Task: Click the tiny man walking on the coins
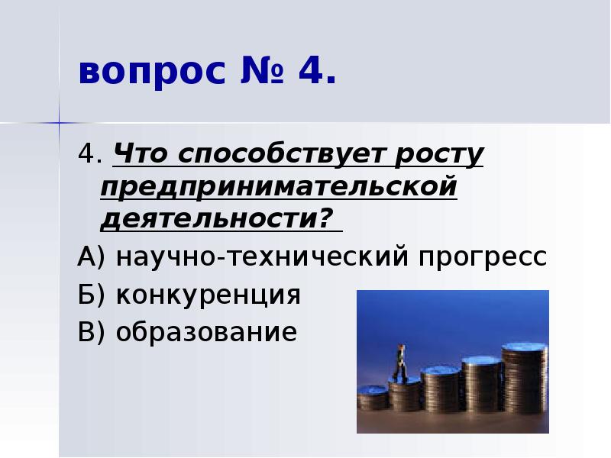click(x=399, y=362)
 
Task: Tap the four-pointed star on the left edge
click(x=58, y=122)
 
